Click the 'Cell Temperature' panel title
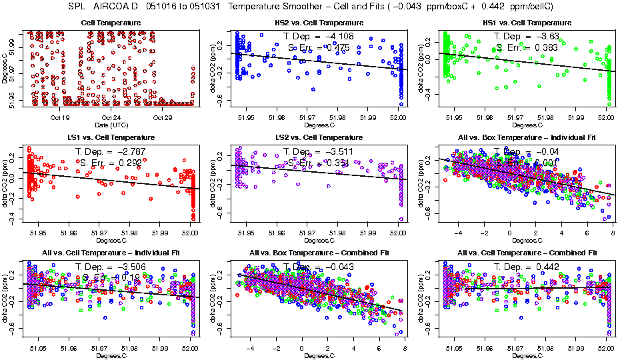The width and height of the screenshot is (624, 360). (111, 23)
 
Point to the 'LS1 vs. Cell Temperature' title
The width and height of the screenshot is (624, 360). (111, 138)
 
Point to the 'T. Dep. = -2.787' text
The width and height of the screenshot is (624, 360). (111, 151)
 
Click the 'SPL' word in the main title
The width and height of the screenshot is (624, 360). (78, 6)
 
